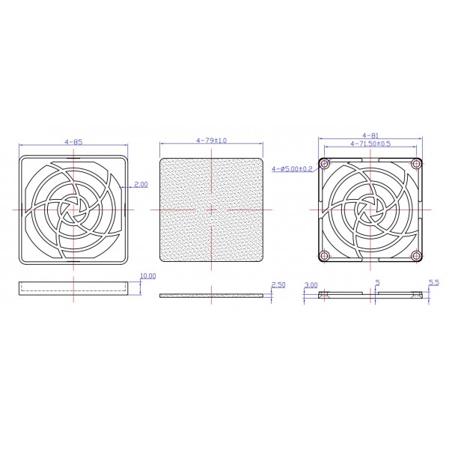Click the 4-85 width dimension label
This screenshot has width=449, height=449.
[73, 141]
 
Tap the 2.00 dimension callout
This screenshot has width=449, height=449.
[141, 183]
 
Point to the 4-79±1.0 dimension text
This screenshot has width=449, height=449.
[212, 141]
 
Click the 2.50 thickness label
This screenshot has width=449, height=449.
[278, 285]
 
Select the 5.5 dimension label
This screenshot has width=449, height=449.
[433, 283]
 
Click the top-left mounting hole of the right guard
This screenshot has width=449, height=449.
[324, 164]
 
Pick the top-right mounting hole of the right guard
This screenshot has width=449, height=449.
[415, 164]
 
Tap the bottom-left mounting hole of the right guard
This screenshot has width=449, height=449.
[324, 256]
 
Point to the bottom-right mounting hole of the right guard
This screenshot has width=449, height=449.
[415, 256]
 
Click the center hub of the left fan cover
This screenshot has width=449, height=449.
[73, 209]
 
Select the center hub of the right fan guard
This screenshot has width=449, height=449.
[370, 210]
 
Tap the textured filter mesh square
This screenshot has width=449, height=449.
[213, 209]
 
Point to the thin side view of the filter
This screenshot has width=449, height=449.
[213, 296]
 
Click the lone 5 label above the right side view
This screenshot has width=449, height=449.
[378, 283]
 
